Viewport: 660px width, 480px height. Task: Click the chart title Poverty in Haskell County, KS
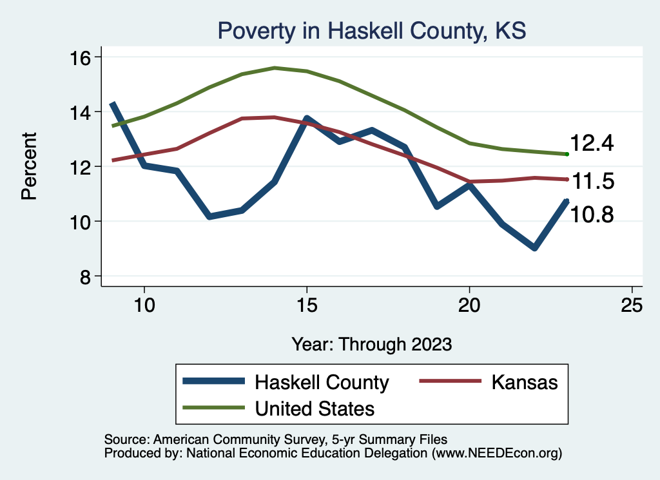click(x=372, y=30)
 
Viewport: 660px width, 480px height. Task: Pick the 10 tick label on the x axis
click(x=144, y=305)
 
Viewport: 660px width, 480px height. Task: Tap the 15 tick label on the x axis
click(x=307, y=305)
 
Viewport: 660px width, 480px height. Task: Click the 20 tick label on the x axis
click(x=469, y=305)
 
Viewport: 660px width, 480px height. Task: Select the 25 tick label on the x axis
click(x=632, y=305)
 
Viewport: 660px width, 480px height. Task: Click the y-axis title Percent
click(x=30, y=166)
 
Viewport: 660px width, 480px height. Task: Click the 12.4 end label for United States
click(x=592, y=144)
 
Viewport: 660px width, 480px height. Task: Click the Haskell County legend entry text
click(x=322, y=382)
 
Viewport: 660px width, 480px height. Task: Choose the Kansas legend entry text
click(x=524, y=382)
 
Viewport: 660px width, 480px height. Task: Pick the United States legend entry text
click(x=315, y=408)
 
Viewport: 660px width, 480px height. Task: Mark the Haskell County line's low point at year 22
click(x=534, y=248)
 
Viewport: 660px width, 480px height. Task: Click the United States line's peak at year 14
click(x=275, y=68)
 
